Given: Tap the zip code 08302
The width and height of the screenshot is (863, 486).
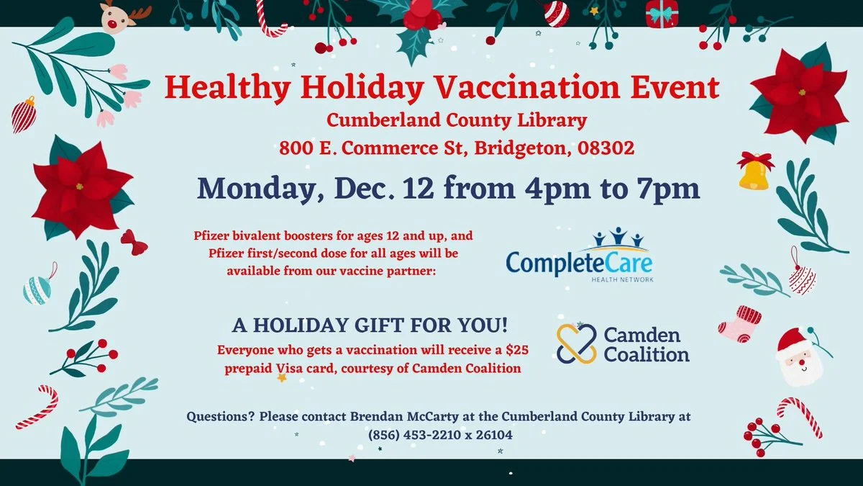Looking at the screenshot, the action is click(606, 148).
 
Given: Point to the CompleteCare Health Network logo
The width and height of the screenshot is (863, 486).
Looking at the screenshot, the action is click(580, 255).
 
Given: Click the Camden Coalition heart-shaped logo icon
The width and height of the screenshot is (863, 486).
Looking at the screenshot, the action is click(576, 343).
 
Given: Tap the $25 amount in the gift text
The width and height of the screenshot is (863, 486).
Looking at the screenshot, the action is click(517, 350).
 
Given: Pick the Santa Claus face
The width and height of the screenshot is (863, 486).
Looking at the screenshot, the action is click(799, 357).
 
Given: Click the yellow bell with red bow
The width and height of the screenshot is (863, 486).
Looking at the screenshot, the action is click(754, 171).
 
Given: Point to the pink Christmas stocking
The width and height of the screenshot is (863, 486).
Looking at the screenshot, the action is click(739, 324).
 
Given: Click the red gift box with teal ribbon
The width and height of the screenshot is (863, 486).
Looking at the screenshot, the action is click(662, 14).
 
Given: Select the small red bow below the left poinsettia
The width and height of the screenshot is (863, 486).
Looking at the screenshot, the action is click(134, 242).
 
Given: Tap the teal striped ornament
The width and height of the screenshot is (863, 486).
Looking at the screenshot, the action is click(37, 290).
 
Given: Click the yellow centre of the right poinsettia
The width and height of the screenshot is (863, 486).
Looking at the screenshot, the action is click(802, 93).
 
